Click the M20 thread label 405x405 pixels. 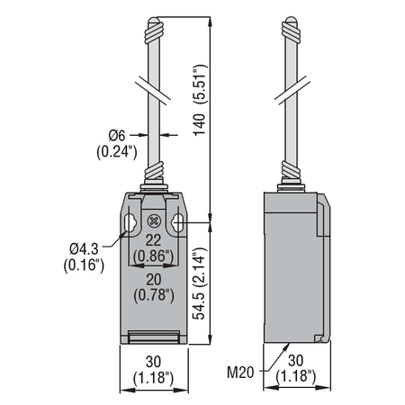(240, 373)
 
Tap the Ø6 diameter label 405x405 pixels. (117, 136)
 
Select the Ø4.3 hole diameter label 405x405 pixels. (84, 248)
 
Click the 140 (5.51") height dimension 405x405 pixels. (200, 100)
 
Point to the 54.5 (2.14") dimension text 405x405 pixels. (200, 283)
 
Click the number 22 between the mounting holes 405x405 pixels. (153, 240)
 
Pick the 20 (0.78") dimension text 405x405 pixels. (154, 287)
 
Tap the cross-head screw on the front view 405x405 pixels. (154, 221)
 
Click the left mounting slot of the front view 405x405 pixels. (130, 223)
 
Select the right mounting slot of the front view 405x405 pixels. (177, 223)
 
